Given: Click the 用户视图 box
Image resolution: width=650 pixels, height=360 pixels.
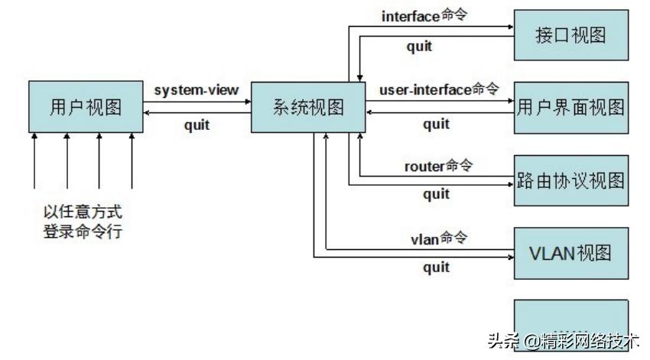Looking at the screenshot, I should [85, 107].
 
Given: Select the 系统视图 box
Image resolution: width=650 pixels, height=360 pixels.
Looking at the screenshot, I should [308, 107].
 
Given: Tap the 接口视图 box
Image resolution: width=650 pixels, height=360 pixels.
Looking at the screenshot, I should [571, 35].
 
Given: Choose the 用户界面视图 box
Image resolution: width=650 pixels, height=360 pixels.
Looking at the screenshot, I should [571, 107].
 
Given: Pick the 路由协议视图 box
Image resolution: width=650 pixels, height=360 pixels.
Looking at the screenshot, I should [571, 180].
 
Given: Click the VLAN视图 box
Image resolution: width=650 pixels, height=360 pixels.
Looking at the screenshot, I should [571, 253].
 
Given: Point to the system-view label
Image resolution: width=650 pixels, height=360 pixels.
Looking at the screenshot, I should [197, 90].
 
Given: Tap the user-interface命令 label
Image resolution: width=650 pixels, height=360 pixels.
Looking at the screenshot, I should [438, 89].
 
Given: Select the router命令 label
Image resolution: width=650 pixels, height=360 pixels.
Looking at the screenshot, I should [438, 165].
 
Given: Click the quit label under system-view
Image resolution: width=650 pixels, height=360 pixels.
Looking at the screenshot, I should [197, 125].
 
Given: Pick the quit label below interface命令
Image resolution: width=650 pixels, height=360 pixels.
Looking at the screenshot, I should [418, 46].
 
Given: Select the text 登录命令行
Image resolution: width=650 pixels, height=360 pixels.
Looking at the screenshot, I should [83, 230].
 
